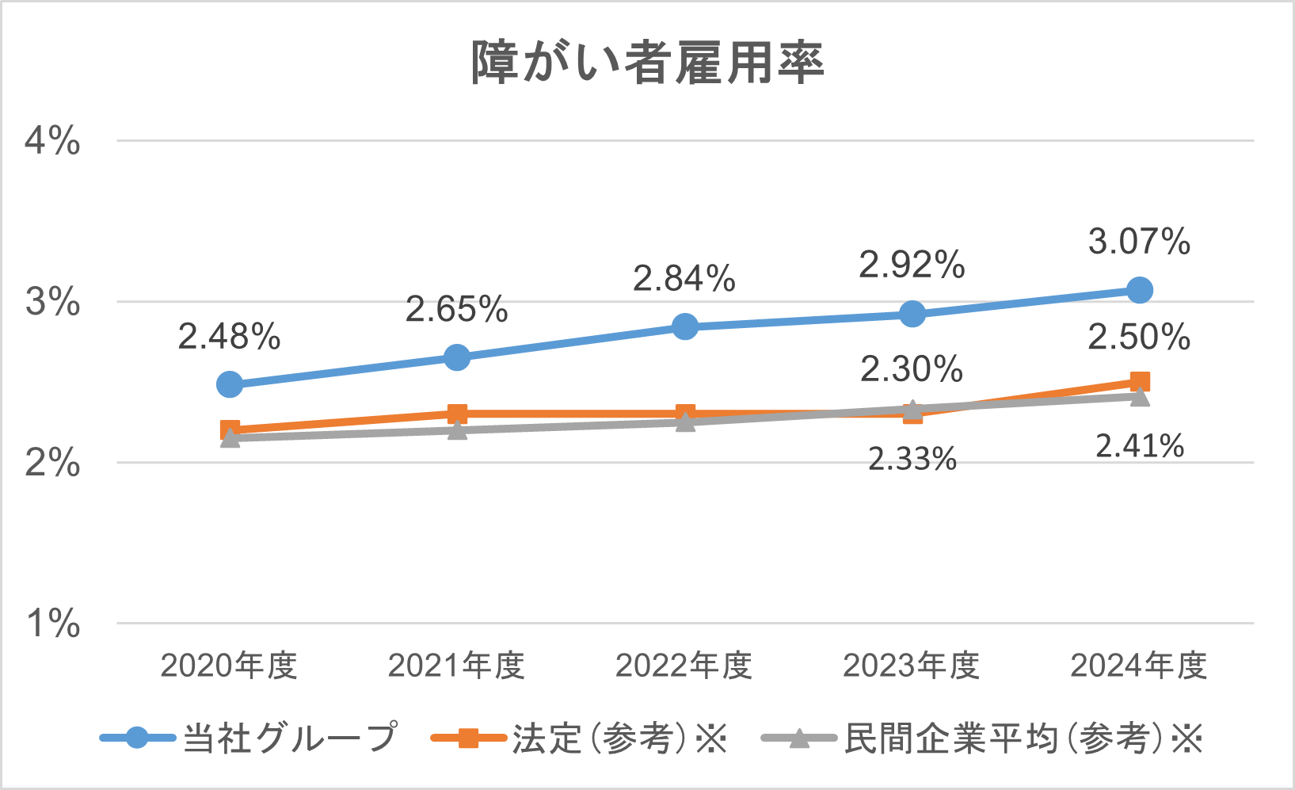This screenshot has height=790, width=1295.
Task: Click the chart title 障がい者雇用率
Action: click(x=647, y=63)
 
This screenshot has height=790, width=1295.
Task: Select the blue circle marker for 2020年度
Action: click(x=230, y=384)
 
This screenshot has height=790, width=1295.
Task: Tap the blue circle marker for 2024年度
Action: click(x=1139, y=290)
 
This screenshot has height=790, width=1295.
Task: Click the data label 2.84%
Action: click(x=684, y=279)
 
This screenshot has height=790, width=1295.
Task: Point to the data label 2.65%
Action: click(x=457, y=310)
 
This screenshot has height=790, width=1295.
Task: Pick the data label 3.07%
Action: click(x=1139, y=242)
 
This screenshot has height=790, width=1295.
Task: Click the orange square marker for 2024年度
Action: click(x=1140, y=382)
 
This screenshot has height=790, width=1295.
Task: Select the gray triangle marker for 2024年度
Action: click(x=1140, y=396)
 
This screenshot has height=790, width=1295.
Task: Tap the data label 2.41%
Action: click(x=1140, y=447)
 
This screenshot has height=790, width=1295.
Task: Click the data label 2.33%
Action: click(x=912, y=460)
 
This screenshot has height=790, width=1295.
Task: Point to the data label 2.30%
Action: click(x=912, y=369)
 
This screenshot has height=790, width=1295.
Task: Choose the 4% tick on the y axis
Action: click(x=52, y=141)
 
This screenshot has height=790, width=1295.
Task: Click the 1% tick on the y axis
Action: click(x=52, y=624)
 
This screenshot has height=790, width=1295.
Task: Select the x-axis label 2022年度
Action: click(x=684, y=666)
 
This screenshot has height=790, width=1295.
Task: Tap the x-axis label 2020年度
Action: click(x=230, y=666)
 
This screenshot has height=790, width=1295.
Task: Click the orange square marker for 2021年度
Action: click(x=457, y=414)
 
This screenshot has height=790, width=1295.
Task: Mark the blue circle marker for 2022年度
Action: click(x=685, y=326)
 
